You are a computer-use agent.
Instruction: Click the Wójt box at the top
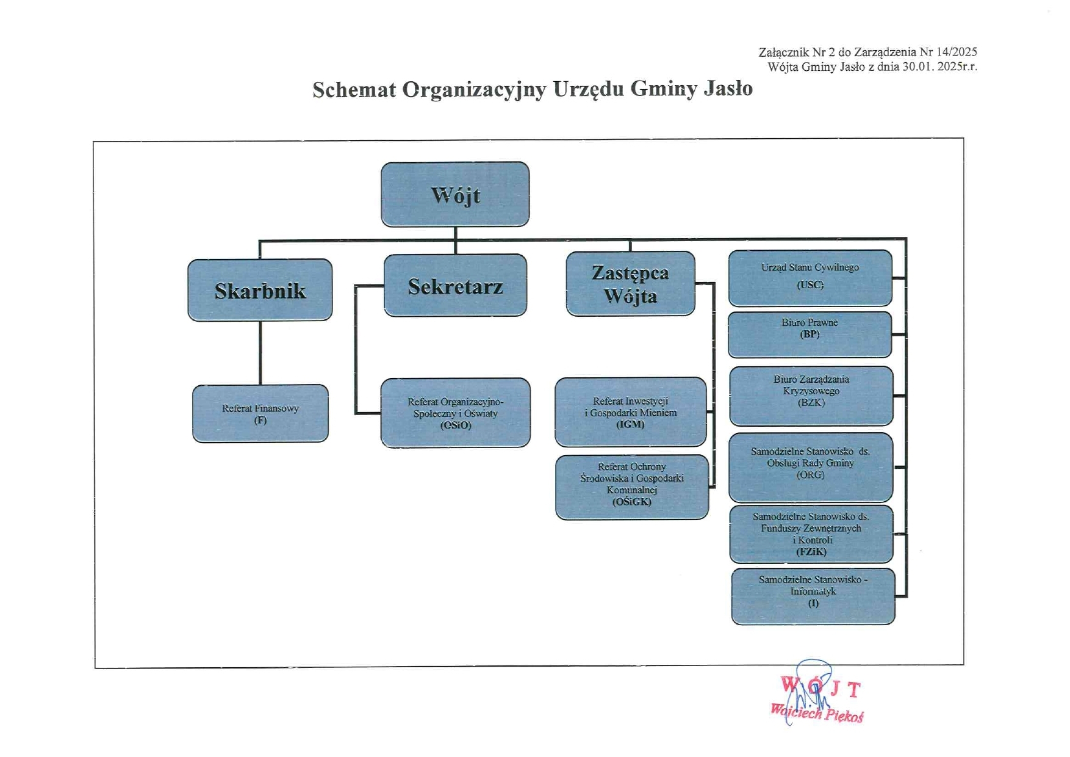point(455,194)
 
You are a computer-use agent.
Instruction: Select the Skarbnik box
point(260,290)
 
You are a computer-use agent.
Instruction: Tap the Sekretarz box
point(455,285)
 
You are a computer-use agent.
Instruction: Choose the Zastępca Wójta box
point(630,284)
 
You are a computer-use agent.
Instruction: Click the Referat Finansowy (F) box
point(260,413)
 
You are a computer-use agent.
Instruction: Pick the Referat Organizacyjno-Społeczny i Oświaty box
point(455,413)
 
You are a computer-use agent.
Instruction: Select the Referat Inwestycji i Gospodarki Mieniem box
point(630,412)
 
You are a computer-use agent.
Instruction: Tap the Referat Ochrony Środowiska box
point(631,487)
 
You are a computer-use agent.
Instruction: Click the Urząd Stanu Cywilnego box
point(810,277)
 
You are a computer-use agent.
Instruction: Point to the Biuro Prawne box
point(810,334)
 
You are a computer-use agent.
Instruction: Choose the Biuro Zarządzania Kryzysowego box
point(811,395)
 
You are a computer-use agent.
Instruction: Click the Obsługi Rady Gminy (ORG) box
point(810,467)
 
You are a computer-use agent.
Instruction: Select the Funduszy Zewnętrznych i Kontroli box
point(811,534)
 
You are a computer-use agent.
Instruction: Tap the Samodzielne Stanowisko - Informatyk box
point(813,596)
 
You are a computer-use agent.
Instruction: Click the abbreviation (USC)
point(810,284)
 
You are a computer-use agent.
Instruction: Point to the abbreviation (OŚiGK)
point(631,502)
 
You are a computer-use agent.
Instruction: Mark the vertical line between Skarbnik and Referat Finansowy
point(260,353)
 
